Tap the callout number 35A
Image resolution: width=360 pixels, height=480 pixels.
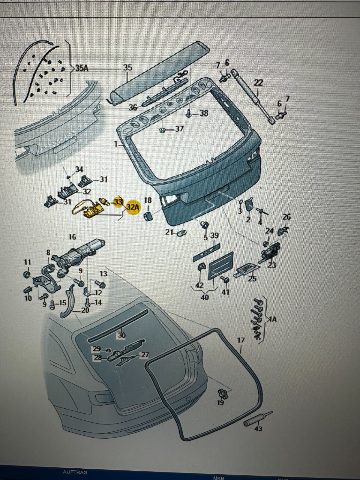[x=82, y=68]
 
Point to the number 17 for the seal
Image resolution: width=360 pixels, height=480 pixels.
[x=241, y=340]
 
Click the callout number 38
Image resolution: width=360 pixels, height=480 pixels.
[x=204, y=113]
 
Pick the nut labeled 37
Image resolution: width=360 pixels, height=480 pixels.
[x=162, y=130]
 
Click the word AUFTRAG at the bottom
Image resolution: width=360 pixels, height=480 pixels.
[x=75, y=472]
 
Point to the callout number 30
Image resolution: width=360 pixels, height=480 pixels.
[x=121, y=335]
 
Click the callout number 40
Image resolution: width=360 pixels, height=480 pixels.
[x=205, y=297]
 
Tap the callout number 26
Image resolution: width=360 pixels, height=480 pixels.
[x=287, y=217]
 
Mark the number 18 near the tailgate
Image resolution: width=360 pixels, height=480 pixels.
[x=148, y=200]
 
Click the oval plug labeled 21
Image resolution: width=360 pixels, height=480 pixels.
[x=182, y=232]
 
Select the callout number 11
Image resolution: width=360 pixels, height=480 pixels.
[x=27, y=262]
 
